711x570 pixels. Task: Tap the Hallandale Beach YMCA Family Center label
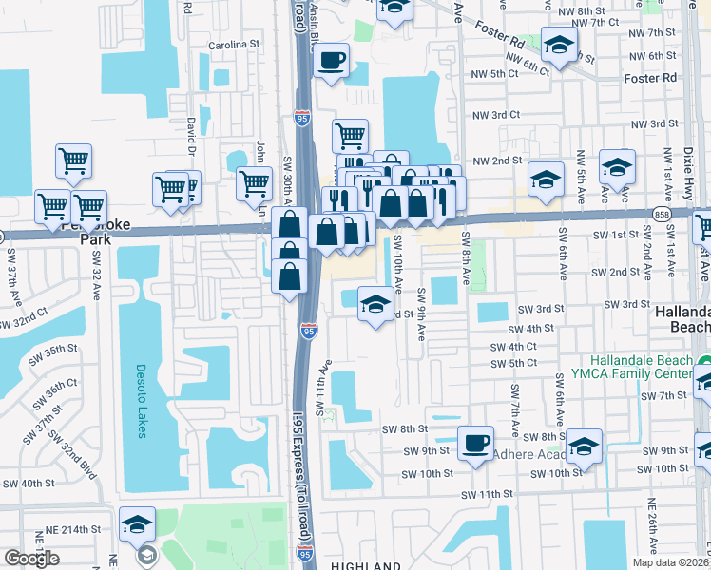coord(648,369)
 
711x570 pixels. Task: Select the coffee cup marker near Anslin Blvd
coord(331,62)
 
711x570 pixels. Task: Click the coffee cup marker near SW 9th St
coord(475,442)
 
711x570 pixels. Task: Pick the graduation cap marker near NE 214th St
coord(138,524)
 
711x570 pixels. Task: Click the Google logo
coord(31,559)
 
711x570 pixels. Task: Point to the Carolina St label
coord(234,45)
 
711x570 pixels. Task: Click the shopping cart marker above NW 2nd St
coord(350,136)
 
